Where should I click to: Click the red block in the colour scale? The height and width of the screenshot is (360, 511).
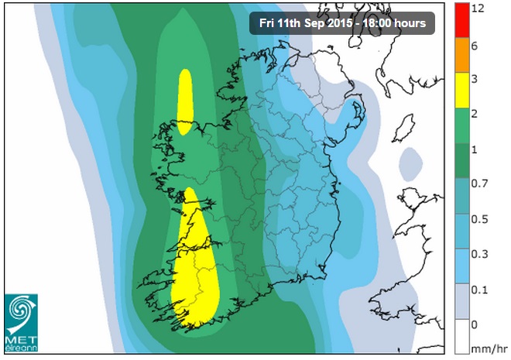click(461, 19)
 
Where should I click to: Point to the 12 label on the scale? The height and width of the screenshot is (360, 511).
click(478, 9)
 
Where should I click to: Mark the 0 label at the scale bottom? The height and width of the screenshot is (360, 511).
click(475, 323)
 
